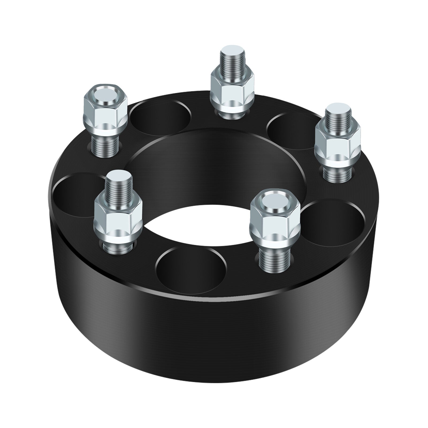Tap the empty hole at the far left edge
pyautogui.click(x=72, y=195)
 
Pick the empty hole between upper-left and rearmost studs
pyautogui.click(x=160, y=118)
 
